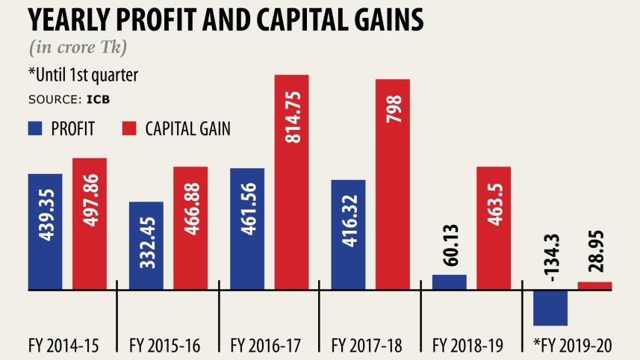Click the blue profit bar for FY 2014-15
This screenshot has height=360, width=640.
[x=45, y=231]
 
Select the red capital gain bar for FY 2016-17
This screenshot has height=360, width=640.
[x=292, y=181]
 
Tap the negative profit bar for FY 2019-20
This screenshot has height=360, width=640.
[x=550, y=307]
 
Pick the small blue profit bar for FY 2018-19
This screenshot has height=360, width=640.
[x=449, y=282]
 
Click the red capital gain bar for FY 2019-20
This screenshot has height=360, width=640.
[x=595, y=285]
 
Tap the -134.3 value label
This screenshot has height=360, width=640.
[x=550, y=252]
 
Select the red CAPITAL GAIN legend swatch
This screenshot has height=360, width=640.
[x=129, y=128]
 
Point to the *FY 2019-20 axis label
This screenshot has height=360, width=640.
[x=572, y=345]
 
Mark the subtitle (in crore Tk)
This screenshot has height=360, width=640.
[x=78, y=49]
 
